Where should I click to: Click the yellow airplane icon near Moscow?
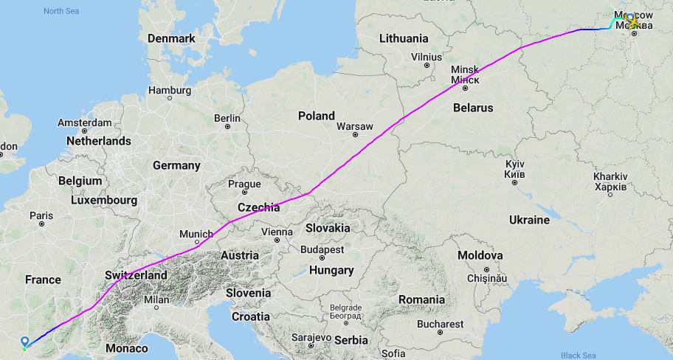click(632, 21)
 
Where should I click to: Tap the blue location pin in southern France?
click(25, 342)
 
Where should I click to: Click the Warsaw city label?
click(355, 126)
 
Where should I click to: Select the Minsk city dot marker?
click(465, 89)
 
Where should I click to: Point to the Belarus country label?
click(473, 108)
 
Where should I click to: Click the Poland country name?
click(316, 116)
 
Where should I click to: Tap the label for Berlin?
click(227, 118)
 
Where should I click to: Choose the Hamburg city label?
click(169, 90)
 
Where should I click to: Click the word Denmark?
click(170, 38)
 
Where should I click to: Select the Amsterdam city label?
click(85, 122)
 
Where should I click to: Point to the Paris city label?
click(41, 215)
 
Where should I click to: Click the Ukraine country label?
click(529, 220)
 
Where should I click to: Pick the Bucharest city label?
click(440, 324)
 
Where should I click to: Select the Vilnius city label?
click(427, 56)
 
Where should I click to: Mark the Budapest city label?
click(323, 249)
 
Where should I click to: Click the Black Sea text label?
click(579, 356)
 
